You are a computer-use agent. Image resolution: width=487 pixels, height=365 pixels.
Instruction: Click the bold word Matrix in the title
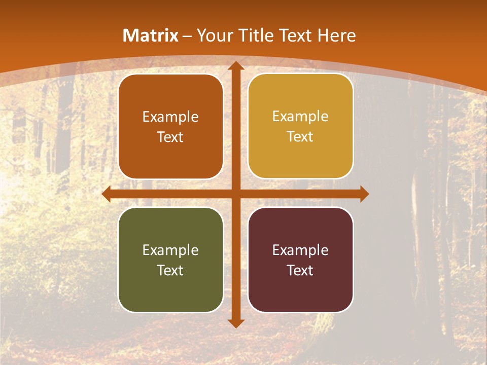click(151, 35)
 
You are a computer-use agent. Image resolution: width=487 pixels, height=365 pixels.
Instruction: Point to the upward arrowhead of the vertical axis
click(235, 65)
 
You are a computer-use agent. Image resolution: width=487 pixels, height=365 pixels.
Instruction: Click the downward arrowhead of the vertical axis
click(235, 323)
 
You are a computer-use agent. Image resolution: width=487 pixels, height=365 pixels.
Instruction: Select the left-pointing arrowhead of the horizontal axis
click(107, 194)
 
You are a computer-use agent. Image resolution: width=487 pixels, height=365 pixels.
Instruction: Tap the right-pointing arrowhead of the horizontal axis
click(364, 194)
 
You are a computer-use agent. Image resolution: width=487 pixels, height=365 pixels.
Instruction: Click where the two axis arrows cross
click(235, 194)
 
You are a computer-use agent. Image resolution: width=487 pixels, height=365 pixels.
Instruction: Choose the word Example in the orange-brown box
click(170, 117)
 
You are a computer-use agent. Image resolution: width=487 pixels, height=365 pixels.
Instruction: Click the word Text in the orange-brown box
click(170, 137)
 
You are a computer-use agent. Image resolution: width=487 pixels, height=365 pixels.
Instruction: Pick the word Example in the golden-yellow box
click(300, 117)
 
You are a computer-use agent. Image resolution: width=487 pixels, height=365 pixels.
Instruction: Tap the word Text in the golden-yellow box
click(300, 136)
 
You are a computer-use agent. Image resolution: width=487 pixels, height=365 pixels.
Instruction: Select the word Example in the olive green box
click(170, 250)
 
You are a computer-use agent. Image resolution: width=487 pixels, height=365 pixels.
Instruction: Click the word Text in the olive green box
click(170, 270)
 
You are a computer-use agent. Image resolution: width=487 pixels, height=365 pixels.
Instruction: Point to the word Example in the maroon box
click(300, 250)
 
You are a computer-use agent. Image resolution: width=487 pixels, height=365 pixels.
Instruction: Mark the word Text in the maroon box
click(300, 270)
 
